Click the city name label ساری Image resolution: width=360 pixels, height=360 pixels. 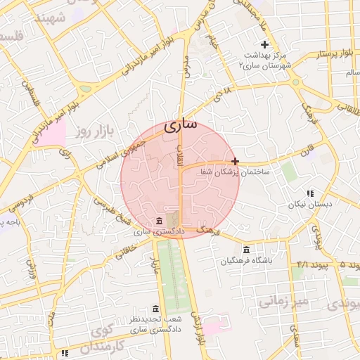pos(181,127)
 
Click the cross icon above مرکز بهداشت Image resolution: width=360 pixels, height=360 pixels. pos(264,44)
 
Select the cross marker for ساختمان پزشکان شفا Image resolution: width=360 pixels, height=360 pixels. pos(235,161)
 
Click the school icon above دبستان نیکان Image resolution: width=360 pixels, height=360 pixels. pos(309,193)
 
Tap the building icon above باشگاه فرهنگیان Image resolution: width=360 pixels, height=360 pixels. pos(245,250)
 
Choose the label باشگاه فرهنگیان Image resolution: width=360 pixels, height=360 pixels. pos(245,262)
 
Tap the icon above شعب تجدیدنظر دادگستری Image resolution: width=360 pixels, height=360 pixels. pos(155,309)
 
